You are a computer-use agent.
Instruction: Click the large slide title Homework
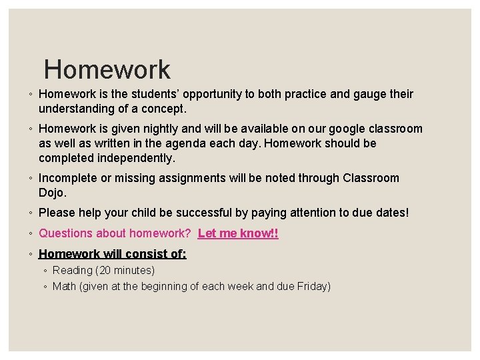click(x=107, y=69)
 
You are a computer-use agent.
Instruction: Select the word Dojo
click(x=53, y=192)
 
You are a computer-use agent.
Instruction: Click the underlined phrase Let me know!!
click(x=238, y=233)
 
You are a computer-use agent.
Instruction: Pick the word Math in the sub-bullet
click(x=64, y=286)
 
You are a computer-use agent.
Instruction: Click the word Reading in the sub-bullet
click(x=72, y=270)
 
